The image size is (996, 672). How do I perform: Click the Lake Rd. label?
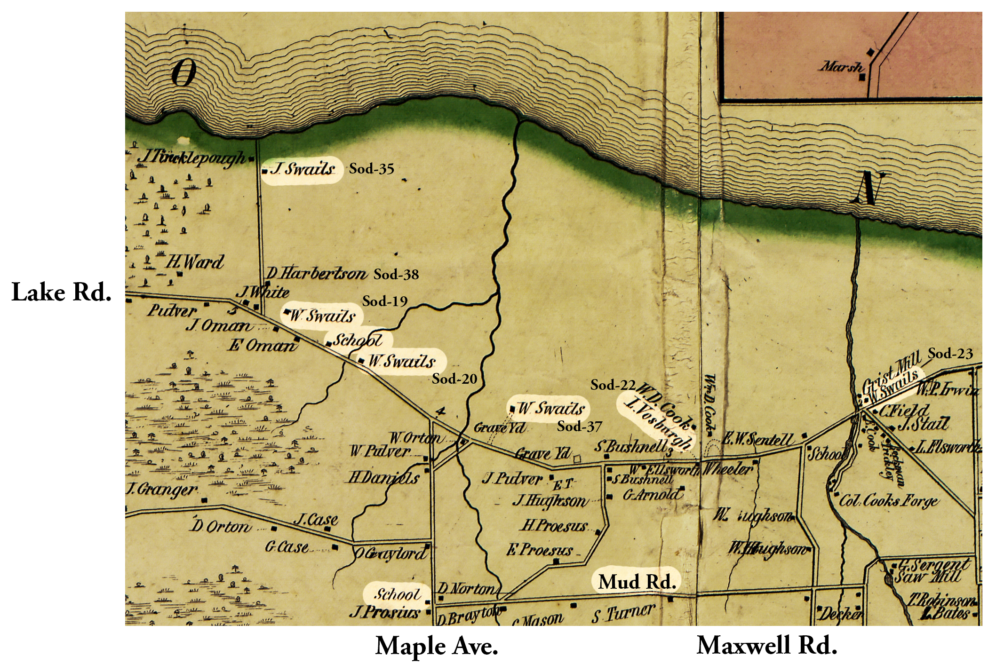point(61,293)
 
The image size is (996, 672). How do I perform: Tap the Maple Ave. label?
point(436,647)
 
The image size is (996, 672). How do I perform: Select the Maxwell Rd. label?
point(766,646)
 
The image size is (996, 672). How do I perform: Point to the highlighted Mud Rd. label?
point(637,582)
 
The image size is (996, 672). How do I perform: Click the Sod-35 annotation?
point(371,169)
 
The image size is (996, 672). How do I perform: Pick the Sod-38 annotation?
point(396,275)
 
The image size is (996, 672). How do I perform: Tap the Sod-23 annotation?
point(950,354)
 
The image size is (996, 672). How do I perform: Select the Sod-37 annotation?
point(579,427)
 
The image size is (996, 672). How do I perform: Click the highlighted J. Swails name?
point(303,169)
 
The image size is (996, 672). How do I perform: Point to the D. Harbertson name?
point(317,273)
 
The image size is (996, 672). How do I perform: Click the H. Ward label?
point(194,262)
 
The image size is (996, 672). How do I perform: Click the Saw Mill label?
point(926,577)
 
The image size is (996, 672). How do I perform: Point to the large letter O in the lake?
point(183,74)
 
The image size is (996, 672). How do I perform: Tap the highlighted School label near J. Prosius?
point(397,594)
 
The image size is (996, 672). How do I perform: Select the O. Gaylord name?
point(390,553)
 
